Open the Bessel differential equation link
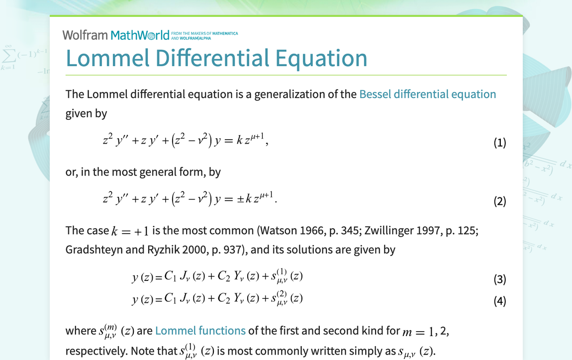pos(427,94)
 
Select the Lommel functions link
pos(200,331)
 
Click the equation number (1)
pos(499,143)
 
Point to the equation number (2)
pos(499,201)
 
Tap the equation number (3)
pos(499,279)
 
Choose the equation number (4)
pos(499,301)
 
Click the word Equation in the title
pos(321,58)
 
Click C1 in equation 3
pos(170,277)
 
